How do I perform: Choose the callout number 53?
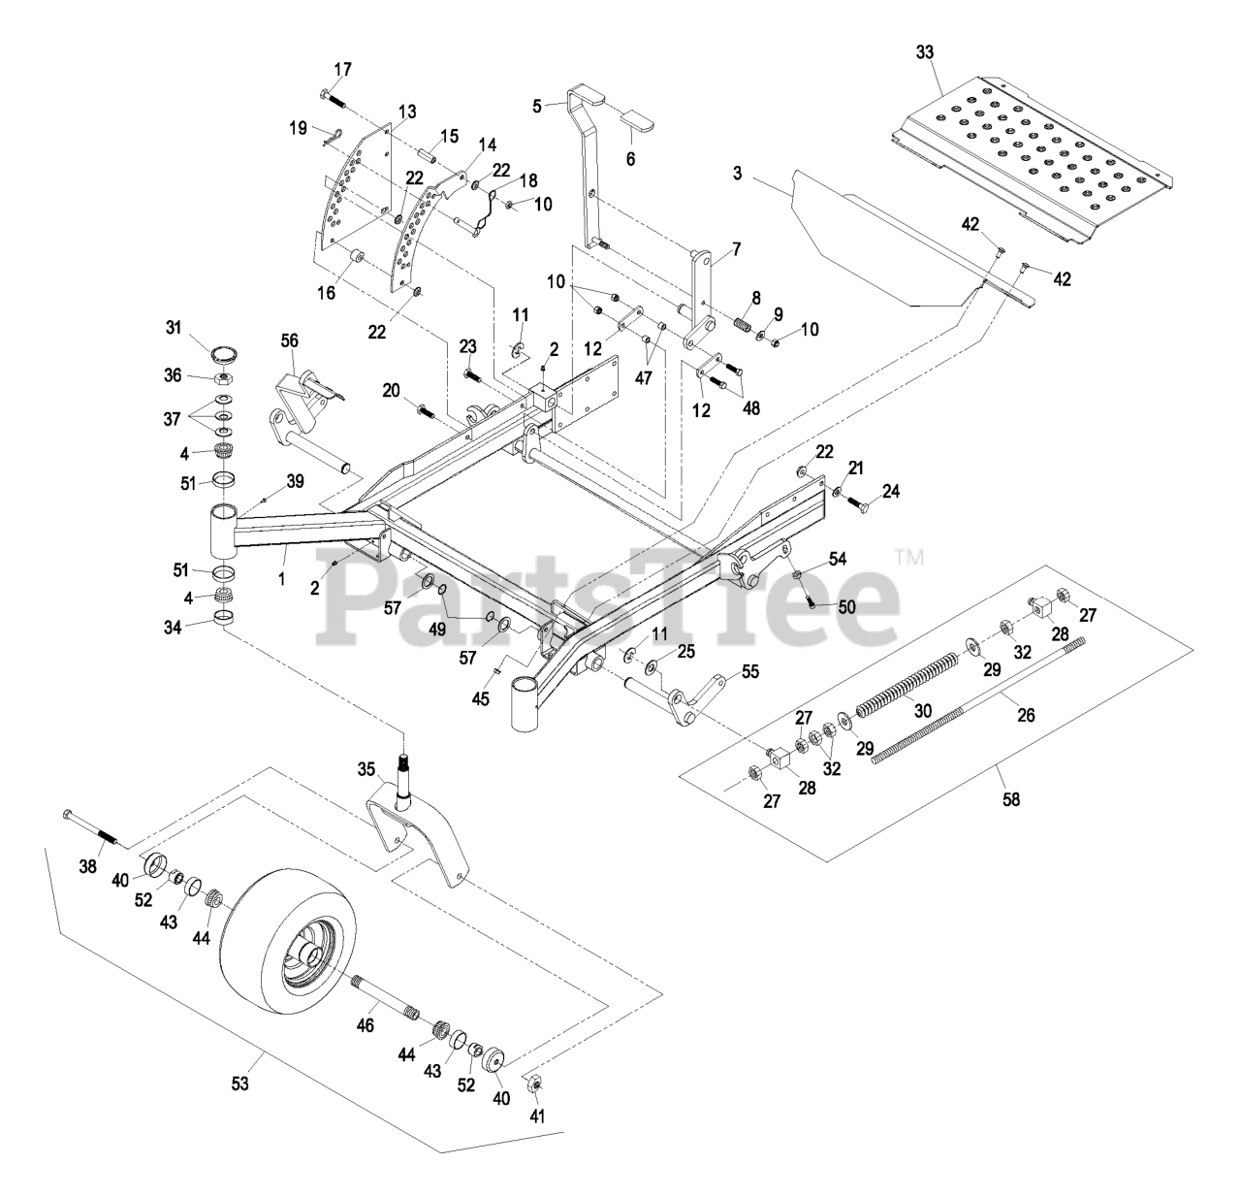coord(240,1083)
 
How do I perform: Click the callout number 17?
coord(343,69)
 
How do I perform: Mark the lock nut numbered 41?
coord(532,1084)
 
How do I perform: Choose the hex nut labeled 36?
coord(222,375)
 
